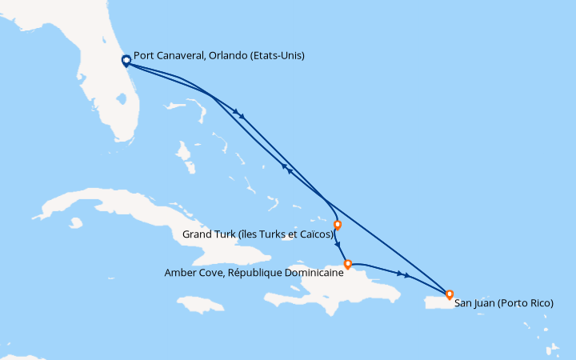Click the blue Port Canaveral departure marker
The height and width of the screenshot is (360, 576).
(126, 61)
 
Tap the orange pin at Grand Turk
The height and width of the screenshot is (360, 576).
(338, 225)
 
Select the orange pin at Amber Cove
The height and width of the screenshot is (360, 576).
(347, 263)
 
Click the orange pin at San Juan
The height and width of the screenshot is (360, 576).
(450, 294)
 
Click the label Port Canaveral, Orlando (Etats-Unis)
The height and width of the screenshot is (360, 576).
(219, 56)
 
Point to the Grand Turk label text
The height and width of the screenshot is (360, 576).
(258, 235)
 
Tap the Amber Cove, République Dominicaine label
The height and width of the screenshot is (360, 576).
(254, 272)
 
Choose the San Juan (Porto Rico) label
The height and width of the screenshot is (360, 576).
(503, 303)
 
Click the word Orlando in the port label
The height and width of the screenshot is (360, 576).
(226, 56)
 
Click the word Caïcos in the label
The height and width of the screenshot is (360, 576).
(314, 235)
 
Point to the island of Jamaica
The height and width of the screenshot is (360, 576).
(196, 305)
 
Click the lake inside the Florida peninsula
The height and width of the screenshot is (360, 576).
(121, 100)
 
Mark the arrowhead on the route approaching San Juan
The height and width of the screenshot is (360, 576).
(408, 276)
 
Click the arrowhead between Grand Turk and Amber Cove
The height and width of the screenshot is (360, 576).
(338, 245)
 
